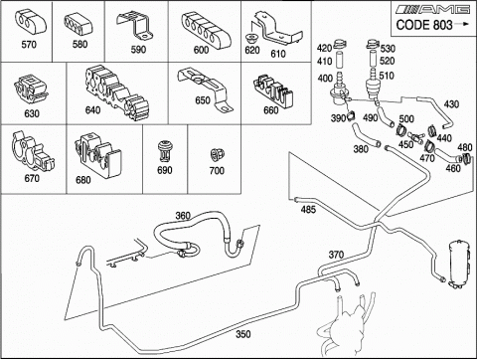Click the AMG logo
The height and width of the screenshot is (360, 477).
click(433, 9)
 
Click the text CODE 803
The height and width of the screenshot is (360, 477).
click(424, 25)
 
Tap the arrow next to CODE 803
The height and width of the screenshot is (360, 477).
click(462, 24)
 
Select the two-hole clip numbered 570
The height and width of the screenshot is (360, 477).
click(31, 23)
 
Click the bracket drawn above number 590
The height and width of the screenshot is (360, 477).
click(135, 26)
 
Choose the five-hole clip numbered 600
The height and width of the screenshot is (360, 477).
click(206, 29)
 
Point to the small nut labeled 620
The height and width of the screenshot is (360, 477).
click(251, 38)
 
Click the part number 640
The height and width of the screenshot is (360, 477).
click(92, 110)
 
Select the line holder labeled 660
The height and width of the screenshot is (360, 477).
click(273, 89)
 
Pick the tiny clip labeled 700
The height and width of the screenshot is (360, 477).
click(218, 155)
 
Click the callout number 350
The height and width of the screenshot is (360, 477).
click(243, 334)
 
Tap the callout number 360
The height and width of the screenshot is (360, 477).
click(183, 216)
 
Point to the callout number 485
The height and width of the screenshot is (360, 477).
click(308, 210)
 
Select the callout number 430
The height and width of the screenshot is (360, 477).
click(451, 104)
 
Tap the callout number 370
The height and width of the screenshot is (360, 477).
click(336, 255)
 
